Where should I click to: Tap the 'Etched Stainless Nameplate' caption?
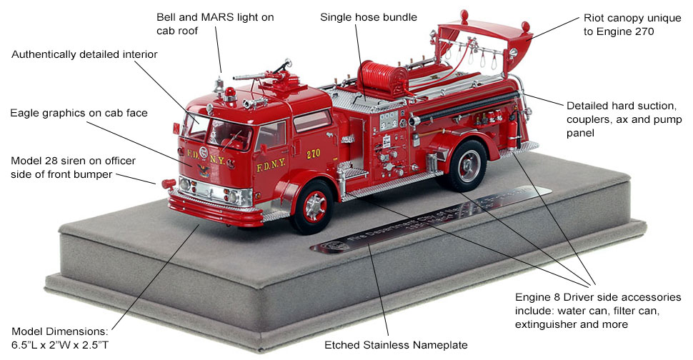pos(390,344)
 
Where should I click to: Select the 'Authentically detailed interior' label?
pos(84,54)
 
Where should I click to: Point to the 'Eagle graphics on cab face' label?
pos(79,113)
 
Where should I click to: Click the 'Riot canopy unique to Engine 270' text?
pos(620,24)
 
